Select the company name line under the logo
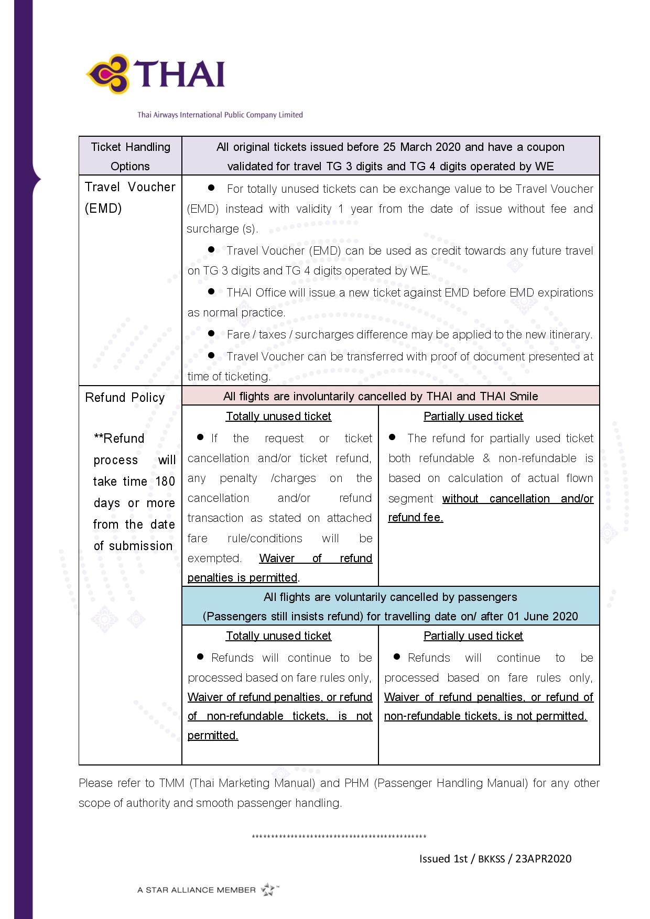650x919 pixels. (220, 115)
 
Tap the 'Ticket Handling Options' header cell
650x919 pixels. (130, 156)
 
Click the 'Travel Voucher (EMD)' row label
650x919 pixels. (129, 198)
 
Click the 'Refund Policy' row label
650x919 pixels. (125, 398)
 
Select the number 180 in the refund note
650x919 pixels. (165, 482)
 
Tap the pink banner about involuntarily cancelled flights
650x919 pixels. (390, 396)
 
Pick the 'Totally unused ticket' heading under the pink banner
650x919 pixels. (278, 417)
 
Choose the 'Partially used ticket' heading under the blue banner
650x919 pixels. (473, 636)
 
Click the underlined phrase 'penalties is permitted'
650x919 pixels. (242, 578)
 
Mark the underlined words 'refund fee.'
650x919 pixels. (415, 518)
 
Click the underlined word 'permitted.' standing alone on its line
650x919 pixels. (213, 736)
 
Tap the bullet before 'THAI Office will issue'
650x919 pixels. (211, 291)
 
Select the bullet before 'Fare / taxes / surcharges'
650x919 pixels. (211, 333)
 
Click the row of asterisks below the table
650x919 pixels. (339, 837)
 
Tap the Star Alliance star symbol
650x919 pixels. (268, 889)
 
